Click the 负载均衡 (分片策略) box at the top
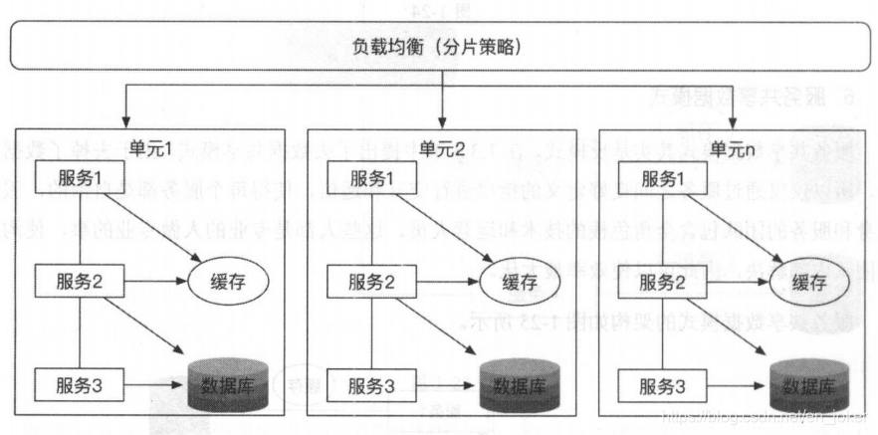[x=438, y=47]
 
